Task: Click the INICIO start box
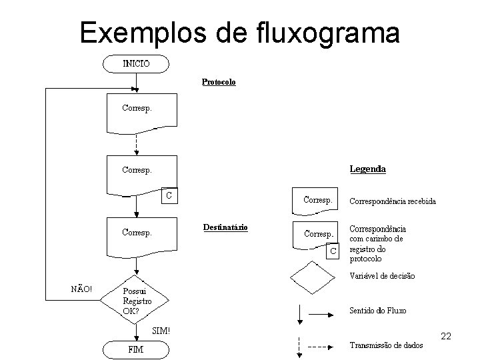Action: [x=136, y=64]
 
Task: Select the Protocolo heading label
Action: [x=219, y=83]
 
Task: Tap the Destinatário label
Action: [x=225, y=227]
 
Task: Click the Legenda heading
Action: [x=367, y=169]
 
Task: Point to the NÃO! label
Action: [x=81, y=289]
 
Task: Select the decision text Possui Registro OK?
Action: [x=137, y=301]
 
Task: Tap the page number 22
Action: [x=446, y=336]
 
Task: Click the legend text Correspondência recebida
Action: [x=393, y=201]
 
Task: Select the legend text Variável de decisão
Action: [x=382, y=276]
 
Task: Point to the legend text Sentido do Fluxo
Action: [x=378, y=311]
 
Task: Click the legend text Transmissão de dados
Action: [x=386, y=345]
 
